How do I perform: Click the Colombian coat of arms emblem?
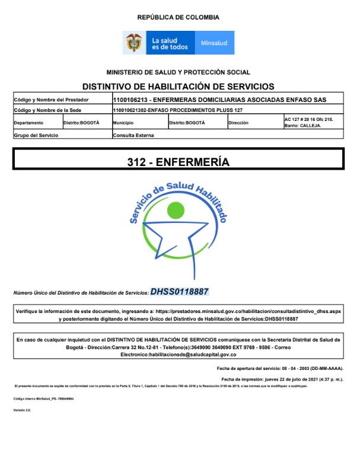coord(133,43)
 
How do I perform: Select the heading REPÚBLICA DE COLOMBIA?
coord(178,18)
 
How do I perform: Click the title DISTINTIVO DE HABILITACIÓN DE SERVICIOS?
coord(178,86)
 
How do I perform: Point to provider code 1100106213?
coord(130,99)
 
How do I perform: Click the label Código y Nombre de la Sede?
coord(47,110)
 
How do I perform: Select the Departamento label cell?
coord(29,123)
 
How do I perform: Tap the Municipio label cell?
coord(123,123)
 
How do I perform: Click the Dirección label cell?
coord(239,123)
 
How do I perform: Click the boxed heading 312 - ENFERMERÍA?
coord(178,161)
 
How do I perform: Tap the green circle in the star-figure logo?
coord(176,210)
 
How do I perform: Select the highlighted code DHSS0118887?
coord(180,292)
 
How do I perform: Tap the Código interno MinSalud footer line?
coord(44,398)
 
